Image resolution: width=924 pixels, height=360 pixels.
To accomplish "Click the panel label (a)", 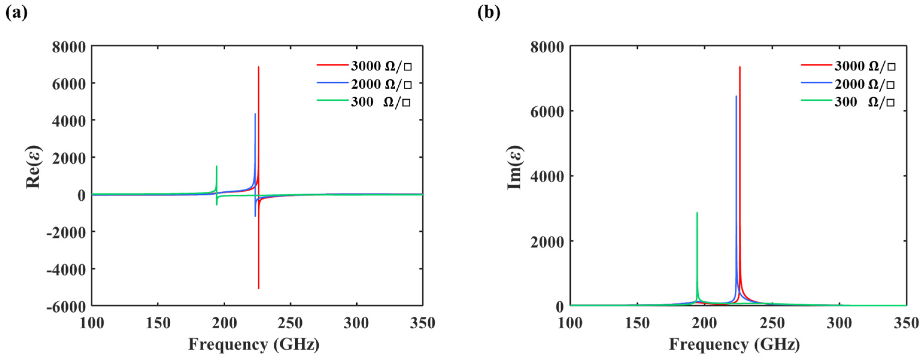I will coord(16,13).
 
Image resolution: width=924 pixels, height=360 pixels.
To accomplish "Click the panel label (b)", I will coord(489,13).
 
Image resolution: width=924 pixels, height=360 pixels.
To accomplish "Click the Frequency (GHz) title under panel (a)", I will coord(254,344).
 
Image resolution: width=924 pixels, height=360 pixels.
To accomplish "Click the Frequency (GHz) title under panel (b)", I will coord(735,344).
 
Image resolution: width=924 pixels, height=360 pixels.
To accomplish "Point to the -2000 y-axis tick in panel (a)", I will coord(66,232).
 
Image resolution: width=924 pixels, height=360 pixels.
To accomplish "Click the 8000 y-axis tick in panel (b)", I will coord(547,47).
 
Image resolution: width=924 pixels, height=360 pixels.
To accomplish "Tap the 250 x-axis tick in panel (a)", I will coord(290,323).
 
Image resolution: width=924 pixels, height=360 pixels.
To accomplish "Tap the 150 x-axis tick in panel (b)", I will coord(637,323).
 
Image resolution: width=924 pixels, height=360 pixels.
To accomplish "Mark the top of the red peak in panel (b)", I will coord(740,67).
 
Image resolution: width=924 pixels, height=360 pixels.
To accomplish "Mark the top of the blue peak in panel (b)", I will coord(736,96).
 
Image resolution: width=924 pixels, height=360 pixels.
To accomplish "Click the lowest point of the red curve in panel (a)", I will coord(259,288).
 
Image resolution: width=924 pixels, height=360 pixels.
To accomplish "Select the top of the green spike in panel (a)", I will coord(216,166).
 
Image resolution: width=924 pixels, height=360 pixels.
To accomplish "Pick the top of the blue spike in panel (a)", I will coord(255,114).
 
